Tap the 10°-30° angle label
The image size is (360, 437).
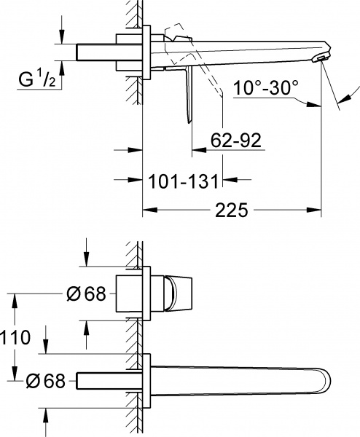[266, 89]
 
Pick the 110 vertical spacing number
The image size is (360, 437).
[15, 337]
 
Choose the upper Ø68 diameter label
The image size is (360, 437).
[86, 294]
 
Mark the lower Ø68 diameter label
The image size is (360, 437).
[47, 380]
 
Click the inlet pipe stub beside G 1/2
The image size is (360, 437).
[95, 53]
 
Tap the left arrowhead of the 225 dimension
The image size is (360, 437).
[146, 211]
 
